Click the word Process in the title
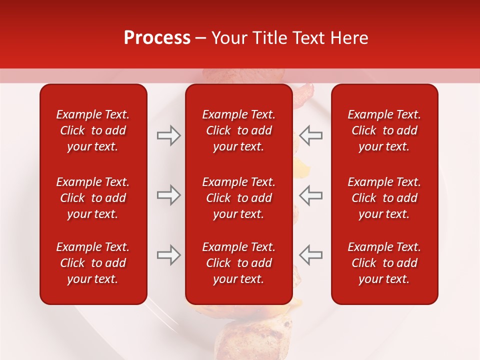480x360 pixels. (x=157, y=38)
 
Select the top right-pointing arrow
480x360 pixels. (x=168, y=135)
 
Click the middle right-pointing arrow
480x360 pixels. (x=168, y=195)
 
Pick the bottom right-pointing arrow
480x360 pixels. (x=168, y=255)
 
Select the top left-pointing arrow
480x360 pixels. (x=310, y=135)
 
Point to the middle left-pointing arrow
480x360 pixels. (x=310, y=195)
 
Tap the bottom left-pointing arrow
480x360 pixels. (x=310, y=255)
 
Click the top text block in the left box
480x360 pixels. (x=93, y=130)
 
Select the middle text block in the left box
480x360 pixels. (x=93, y=198)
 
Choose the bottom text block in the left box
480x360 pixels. (x=93, y=263)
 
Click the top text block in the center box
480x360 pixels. (x=238, y=130)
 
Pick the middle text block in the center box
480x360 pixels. (x=238, y=198)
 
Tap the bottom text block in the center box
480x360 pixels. (x=238, y=263)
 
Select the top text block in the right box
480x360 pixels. (x=384, y=130)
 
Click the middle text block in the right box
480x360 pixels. (x=384, y=198)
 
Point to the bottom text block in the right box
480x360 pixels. (x=384, y=263)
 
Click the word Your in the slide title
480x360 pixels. (x=227, y=38)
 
